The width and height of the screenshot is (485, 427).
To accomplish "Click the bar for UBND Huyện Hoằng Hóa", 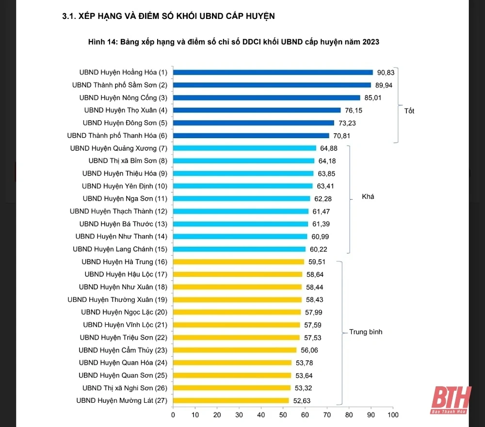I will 273,73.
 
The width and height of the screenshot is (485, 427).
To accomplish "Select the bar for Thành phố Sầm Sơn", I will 272,85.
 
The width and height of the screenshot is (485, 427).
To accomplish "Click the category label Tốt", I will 409,111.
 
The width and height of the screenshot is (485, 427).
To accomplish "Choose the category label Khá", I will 368,197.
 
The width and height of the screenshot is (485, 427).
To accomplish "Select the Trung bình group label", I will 366,332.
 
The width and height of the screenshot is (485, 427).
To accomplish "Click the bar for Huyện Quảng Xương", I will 244,148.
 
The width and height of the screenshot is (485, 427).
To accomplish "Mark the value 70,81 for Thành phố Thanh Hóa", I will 341,136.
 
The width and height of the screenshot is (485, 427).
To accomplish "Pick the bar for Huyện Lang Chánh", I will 239,249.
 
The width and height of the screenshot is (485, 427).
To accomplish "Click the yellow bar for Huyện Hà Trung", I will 238,262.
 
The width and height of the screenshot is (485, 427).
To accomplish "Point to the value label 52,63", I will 301,400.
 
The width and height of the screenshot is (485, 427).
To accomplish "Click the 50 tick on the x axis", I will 283,415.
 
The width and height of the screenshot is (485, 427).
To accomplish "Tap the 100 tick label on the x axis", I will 393,415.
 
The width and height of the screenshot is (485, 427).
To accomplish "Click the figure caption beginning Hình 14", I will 233,42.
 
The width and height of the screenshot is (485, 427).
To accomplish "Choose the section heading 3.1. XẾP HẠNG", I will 168,16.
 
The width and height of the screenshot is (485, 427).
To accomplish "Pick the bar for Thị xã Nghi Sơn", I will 232,388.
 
